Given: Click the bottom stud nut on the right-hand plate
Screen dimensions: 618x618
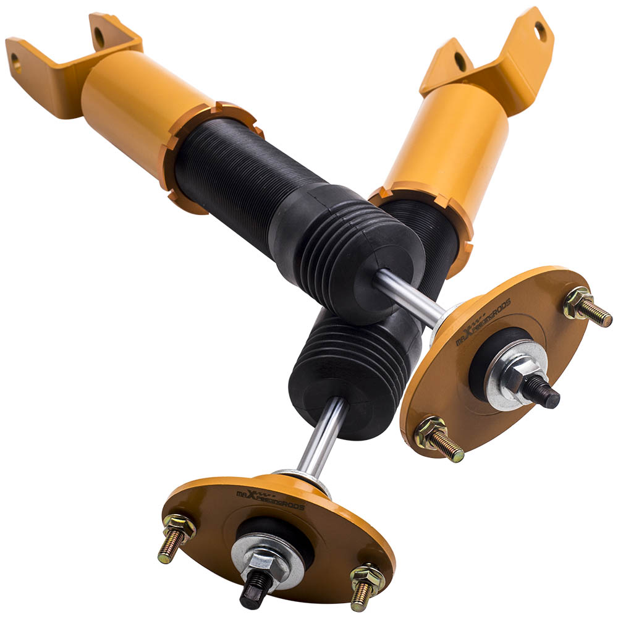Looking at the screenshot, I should (431, 432).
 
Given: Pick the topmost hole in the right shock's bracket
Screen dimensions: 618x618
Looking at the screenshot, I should (540, 28).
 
